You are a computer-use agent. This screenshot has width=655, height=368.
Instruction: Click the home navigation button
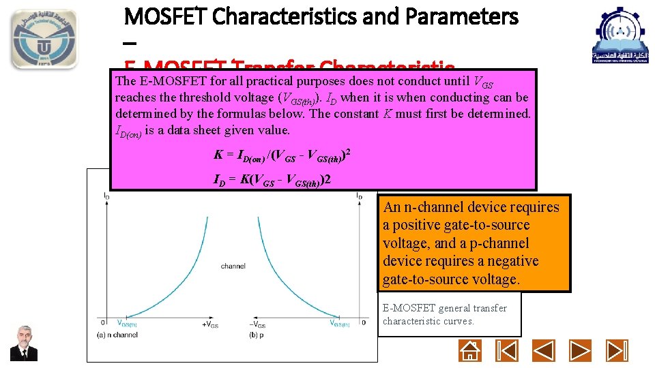[470, 350]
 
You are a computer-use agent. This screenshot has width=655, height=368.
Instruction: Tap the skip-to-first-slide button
[506, 350]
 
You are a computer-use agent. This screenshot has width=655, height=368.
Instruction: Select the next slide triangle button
[581, 350]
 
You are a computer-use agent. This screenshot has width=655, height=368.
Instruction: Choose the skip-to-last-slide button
[617, 350]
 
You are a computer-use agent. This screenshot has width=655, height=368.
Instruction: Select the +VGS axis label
[209, 324]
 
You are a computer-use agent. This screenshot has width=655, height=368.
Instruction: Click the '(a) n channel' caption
[117, 334]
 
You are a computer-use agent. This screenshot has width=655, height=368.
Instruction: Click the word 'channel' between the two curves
[233, 266]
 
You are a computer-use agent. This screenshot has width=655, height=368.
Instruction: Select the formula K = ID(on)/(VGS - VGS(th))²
[282, 154]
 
